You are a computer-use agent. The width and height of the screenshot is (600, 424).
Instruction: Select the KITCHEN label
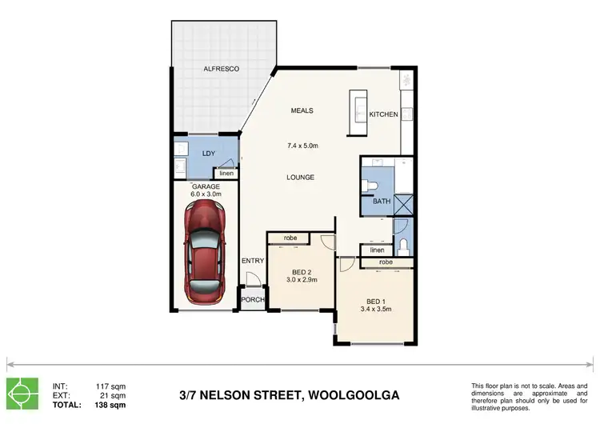(x=383, y=114)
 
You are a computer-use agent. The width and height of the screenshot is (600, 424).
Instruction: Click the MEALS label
(x=302, y=110)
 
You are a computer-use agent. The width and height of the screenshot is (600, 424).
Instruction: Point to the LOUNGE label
(x=302, y=177)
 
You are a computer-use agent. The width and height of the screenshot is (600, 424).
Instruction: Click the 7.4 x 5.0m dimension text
(x=302, y=146)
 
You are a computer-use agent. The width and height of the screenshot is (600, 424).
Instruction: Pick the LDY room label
(x=208, y=153)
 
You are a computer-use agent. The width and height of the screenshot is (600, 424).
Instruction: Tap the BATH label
(x=382, y=201)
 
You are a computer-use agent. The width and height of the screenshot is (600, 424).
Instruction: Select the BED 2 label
(x=302, y=271)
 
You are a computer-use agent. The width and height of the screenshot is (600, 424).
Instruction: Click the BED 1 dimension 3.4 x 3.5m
(x=374, y=308)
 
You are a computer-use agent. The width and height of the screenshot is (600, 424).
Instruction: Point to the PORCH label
(x=253, y=300)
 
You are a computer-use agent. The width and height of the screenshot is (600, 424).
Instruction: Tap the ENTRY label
(x=253, y=261)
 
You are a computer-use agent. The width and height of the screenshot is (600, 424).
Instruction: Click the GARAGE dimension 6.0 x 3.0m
(x=205, y=194)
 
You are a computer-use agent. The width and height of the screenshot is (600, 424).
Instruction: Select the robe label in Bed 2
(x=290, y=238)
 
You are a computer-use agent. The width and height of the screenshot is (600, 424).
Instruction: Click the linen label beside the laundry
(x=226, y=174)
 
